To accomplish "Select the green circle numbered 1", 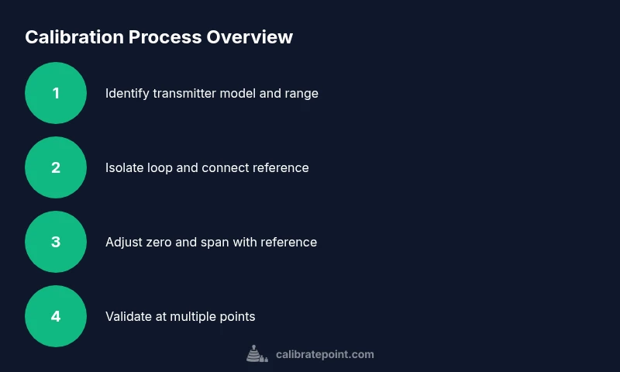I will (56, 93).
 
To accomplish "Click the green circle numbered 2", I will (56, 167).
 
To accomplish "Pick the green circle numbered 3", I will (56, 242).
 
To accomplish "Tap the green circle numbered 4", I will (56, 316).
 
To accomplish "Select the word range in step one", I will (301, 94).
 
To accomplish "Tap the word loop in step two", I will (161, 168).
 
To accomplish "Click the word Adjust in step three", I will (123, 243).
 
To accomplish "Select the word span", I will (218, 243).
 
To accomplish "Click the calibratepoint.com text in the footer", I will (325, 354).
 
